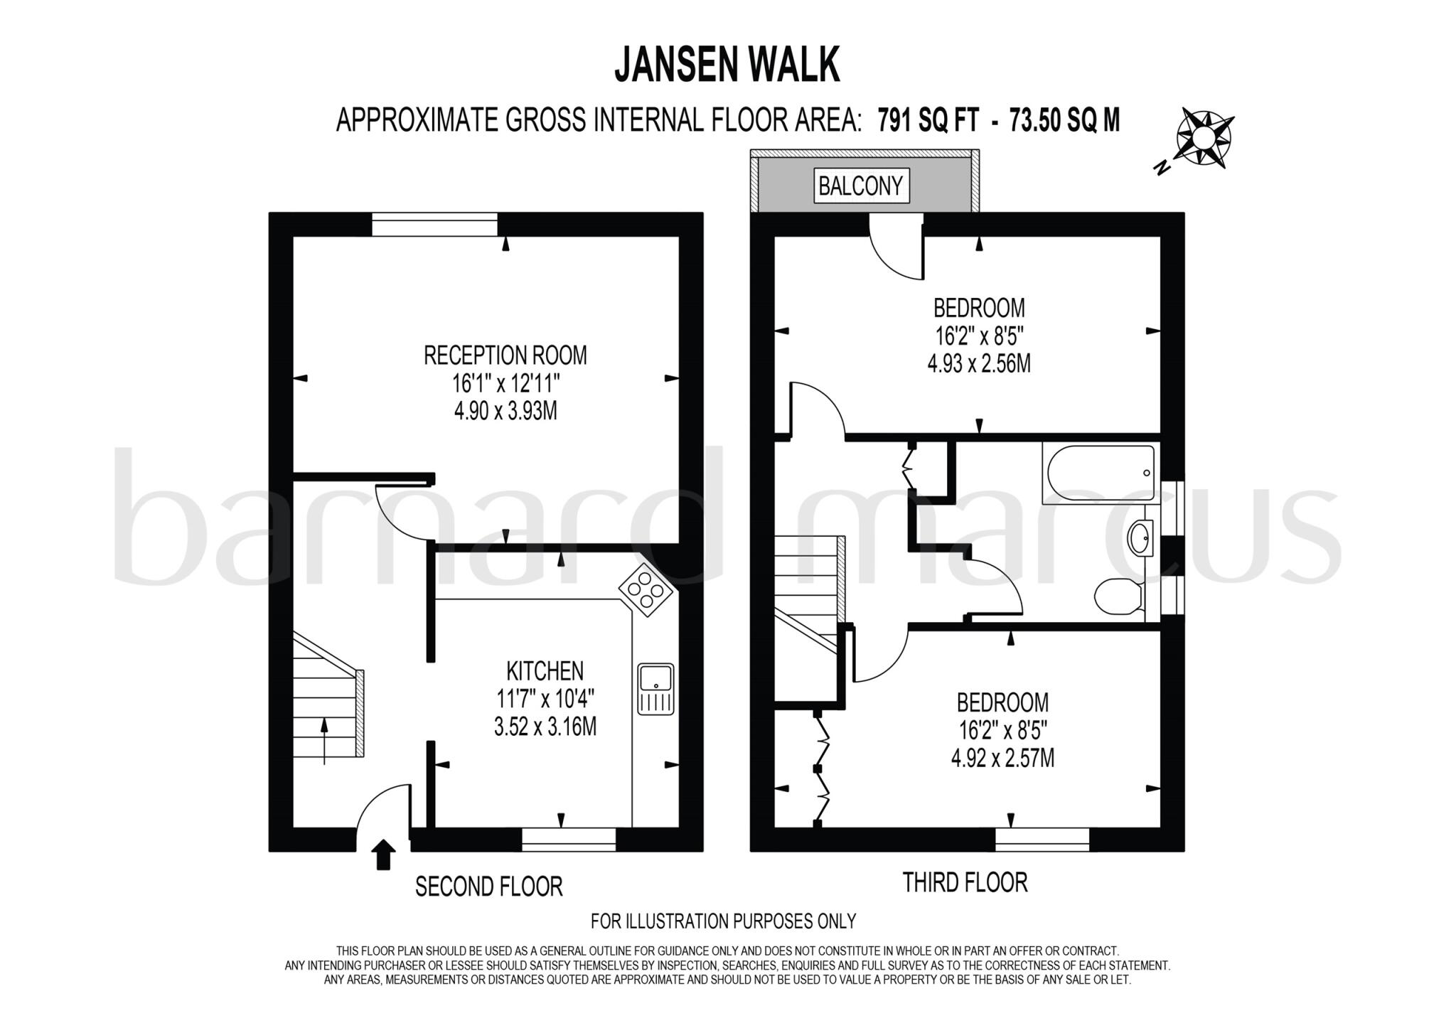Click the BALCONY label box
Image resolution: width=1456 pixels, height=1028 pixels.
[x=861, y=186]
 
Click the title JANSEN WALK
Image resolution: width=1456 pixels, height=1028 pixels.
[x=727, y=65]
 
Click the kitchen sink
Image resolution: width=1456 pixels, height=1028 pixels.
[x=655, y=689]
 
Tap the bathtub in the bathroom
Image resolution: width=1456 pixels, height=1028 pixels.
[x=1099, y=473]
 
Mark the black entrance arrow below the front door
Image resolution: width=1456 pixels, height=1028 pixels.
[x=384, y=855]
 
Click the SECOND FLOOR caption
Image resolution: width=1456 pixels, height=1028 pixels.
[x=489, y=887]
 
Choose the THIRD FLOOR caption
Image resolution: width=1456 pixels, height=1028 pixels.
[x=965, y=882]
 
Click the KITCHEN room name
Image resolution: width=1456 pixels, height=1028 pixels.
[x=545, y=670]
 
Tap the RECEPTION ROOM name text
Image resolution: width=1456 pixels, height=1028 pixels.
[x=505, y=355]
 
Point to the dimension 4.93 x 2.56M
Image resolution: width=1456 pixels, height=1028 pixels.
[x=979, y=364]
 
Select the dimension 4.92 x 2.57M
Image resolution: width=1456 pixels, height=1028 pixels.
[x=1002, y=759]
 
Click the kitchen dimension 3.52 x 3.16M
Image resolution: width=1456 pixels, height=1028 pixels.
[x=545, y=727]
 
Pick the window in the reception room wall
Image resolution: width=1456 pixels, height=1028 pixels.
[x=434, y=225]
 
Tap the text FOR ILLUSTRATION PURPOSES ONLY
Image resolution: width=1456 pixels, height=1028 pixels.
[x=723, y=921]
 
